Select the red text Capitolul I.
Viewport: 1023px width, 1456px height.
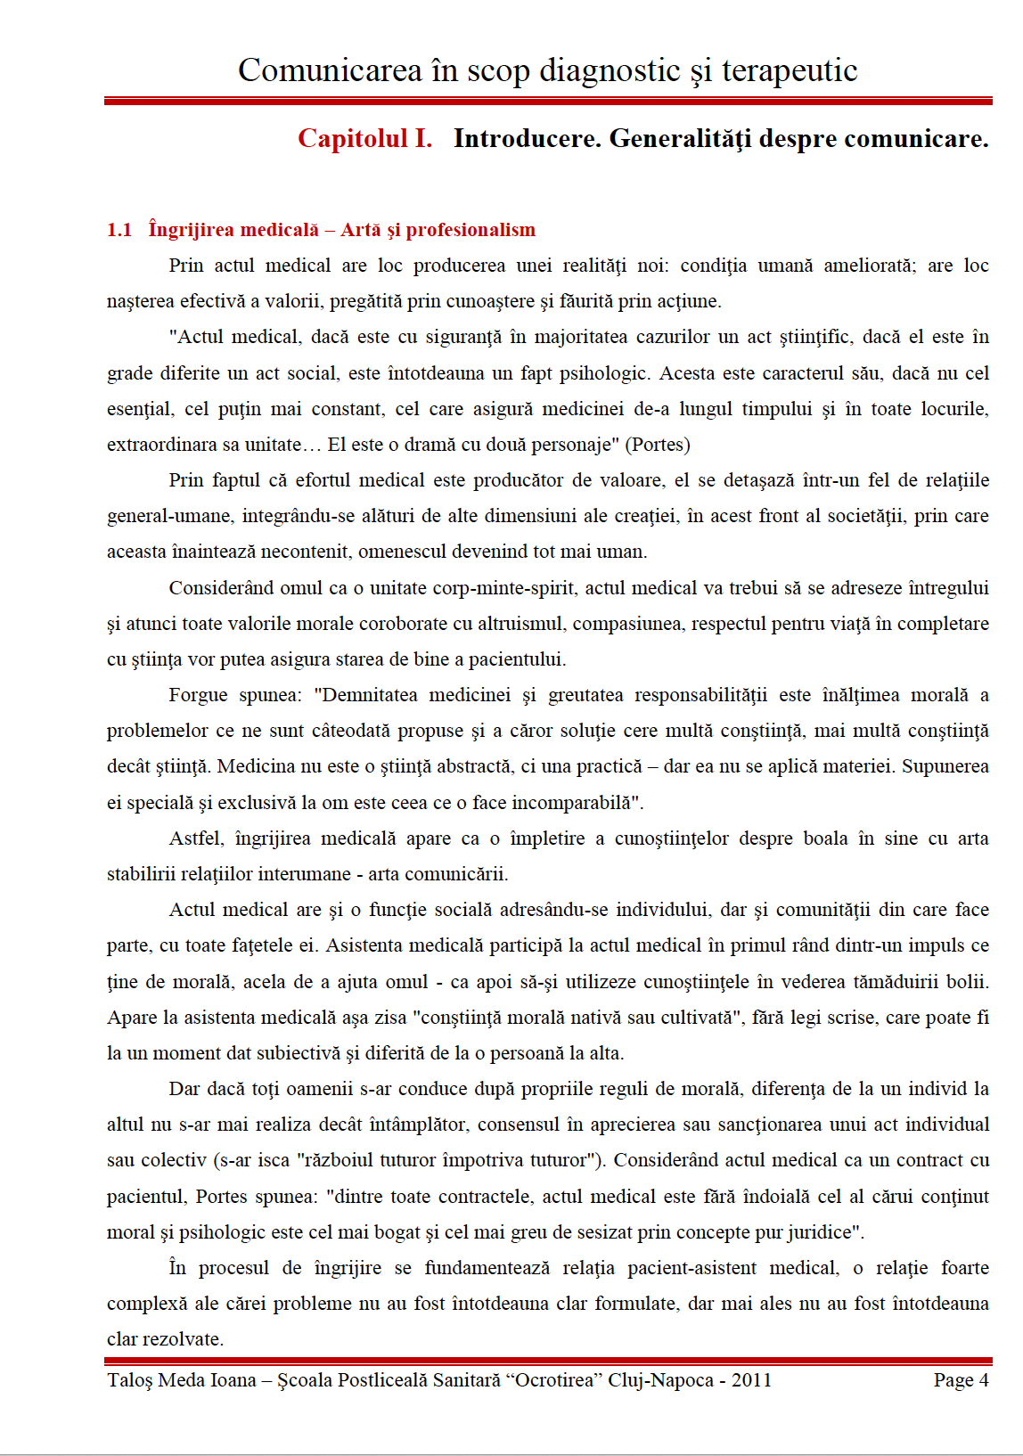[364, 139]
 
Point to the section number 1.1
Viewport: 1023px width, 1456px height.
[119, 230]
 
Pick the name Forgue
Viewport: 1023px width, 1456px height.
[198, 695]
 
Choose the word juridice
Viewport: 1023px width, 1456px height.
[814, 1232]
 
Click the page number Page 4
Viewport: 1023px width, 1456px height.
[961, 1380]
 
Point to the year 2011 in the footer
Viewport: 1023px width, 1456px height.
[751, 1380]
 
